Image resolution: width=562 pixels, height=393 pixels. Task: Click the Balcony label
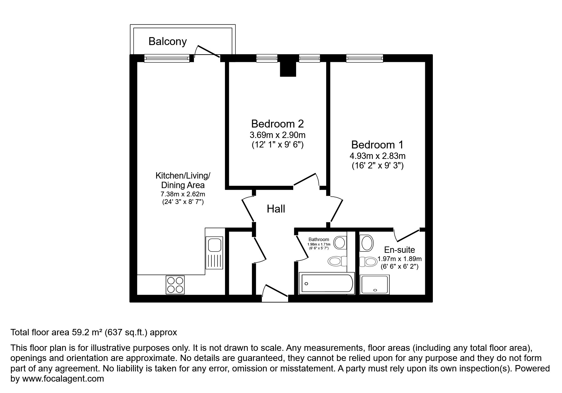167,42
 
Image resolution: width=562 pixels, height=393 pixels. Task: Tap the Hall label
276,209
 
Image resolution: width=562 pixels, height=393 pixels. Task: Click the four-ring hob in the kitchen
175,285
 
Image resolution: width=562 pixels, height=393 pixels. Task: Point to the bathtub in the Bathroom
327,283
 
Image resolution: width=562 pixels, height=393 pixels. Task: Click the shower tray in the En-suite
375,285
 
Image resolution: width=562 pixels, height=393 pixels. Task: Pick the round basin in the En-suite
367,243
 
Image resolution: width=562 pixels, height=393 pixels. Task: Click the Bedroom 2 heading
277,123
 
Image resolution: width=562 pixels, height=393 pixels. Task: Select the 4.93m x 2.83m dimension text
377,156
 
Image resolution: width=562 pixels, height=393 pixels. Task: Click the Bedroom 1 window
364,58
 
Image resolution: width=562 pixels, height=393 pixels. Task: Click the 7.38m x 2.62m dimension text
183,194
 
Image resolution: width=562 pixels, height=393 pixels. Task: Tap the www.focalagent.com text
63,379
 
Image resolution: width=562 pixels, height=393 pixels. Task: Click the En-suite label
399,250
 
